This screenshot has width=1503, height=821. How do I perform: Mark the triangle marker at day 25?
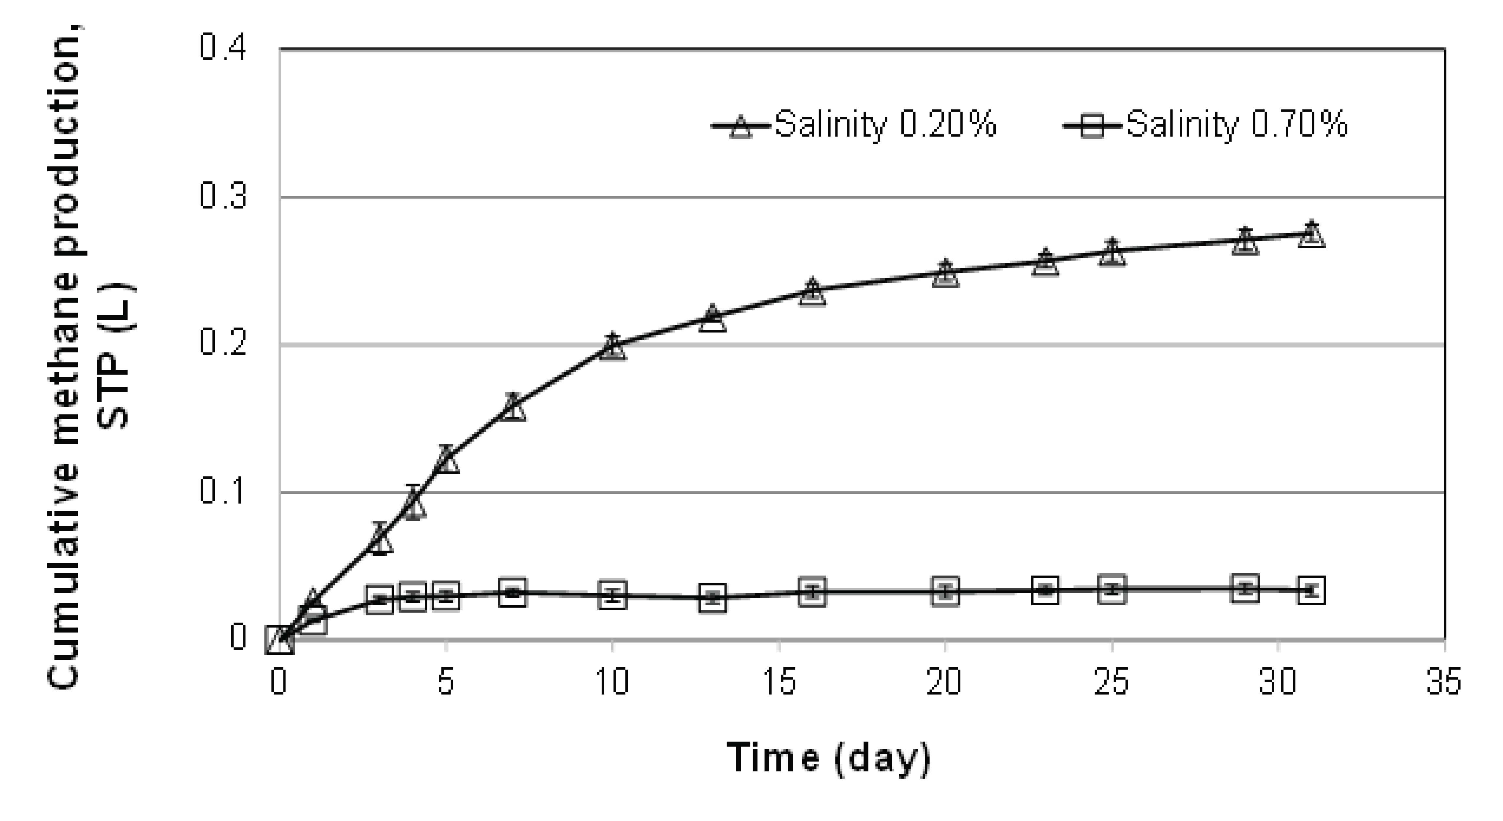coord(1112,252)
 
